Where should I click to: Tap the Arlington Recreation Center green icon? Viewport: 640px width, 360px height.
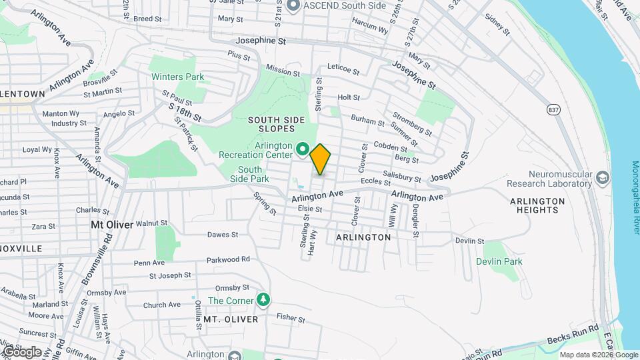[x=302, y=149]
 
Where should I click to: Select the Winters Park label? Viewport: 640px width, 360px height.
[x=177, y=77]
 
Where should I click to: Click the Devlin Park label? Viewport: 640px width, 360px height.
[x=499, y=261]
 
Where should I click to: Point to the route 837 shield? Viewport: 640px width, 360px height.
[x=553, y=109]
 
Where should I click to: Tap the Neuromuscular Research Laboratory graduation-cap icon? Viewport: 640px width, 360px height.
[x=603, y=177]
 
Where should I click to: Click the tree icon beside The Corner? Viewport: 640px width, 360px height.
[x=265, y=300]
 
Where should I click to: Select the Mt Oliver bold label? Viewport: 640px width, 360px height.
[x=112, y=225]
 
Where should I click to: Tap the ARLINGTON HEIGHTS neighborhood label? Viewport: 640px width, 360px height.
[x=537, y=205]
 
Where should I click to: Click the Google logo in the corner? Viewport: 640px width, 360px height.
[x=22, y=351]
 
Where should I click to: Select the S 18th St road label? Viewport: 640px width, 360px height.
[x=185, y=111]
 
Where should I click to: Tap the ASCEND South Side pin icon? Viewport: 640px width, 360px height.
[x=292, y=6]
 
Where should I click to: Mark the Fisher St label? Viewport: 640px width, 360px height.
[x=290, y=317]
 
